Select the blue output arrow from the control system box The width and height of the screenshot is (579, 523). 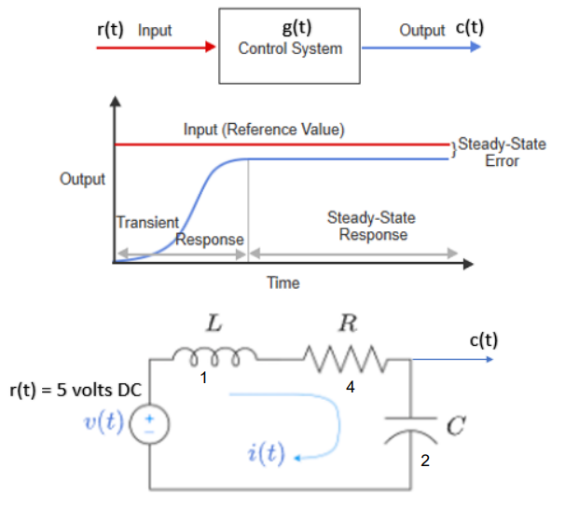(420, 47)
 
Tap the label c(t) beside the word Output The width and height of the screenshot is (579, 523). (468, 29)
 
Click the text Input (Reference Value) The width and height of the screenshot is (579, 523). (264, 129)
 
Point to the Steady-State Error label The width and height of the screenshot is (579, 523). (502, 152)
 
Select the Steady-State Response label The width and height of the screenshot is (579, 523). (372, 227)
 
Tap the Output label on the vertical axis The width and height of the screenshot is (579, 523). (82, 179)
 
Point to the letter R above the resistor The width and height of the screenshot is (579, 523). (348, 325)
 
